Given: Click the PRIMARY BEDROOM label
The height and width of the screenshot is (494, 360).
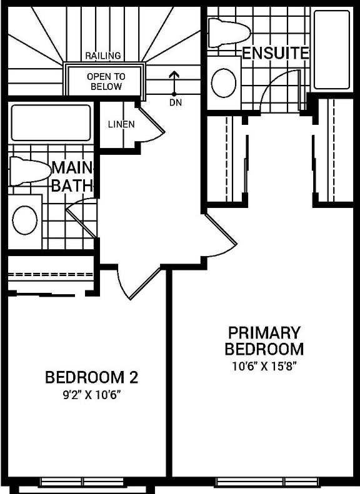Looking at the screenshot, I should (264, 340).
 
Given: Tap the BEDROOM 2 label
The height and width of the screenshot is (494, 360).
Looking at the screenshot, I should (91, 377).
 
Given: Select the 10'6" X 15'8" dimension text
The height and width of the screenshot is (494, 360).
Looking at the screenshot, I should (264, 366).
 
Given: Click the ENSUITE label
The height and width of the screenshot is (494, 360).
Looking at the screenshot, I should (275, 53).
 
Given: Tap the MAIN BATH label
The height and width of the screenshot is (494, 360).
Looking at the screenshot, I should (72, 177).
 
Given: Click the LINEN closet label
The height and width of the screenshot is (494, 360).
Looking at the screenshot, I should (121, 124).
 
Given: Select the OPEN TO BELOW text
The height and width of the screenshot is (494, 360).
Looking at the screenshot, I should (106, 81).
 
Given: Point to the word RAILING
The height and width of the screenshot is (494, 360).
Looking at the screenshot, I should (103, 56).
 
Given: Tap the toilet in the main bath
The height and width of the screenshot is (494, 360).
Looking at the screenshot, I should (29, 170).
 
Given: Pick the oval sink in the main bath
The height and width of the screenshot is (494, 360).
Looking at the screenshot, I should (25, 220).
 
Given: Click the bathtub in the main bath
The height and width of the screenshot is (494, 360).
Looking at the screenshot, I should (51, 122).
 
